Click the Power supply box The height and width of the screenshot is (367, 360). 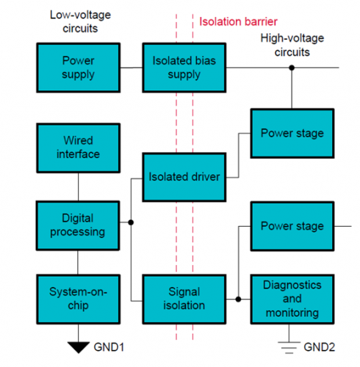pos(78,68)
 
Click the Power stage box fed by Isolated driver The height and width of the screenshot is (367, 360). pos(292,133)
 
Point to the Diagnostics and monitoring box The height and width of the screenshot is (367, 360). pos(292,298)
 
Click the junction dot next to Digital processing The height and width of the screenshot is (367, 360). pos(130,222)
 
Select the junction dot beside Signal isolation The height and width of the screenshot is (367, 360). pos(238,299)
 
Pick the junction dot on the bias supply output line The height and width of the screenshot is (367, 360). pos(292,68)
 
